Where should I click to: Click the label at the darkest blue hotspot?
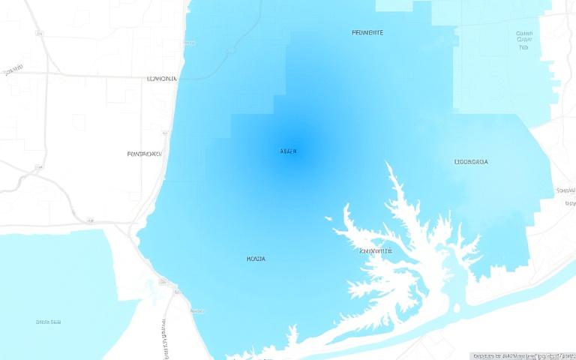click(x=289, y=151)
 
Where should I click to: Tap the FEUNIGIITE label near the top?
click(x=367, y=33)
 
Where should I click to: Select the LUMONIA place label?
click(x=162, y=78)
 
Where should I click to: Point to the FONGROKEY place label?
click(x=145, y=154)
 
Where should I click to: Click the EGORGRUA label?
click(x=471, y=161)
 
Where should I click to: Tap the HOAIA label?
click(x=256, y=259)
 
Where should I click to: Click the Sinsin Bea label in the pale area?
click(x=48, y=322)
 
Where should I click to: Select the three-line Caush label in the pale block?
click(x=523, y=40)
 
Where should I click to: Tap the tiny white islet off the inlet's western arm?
click(x=328, y=218)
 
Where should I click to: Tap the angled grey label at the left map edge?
click(x=12, y=71)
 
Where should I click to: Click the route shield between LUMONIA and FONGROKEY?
click(x=165, y=133)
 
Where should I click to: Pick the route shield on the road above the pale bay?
click(x=90, y=220)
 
